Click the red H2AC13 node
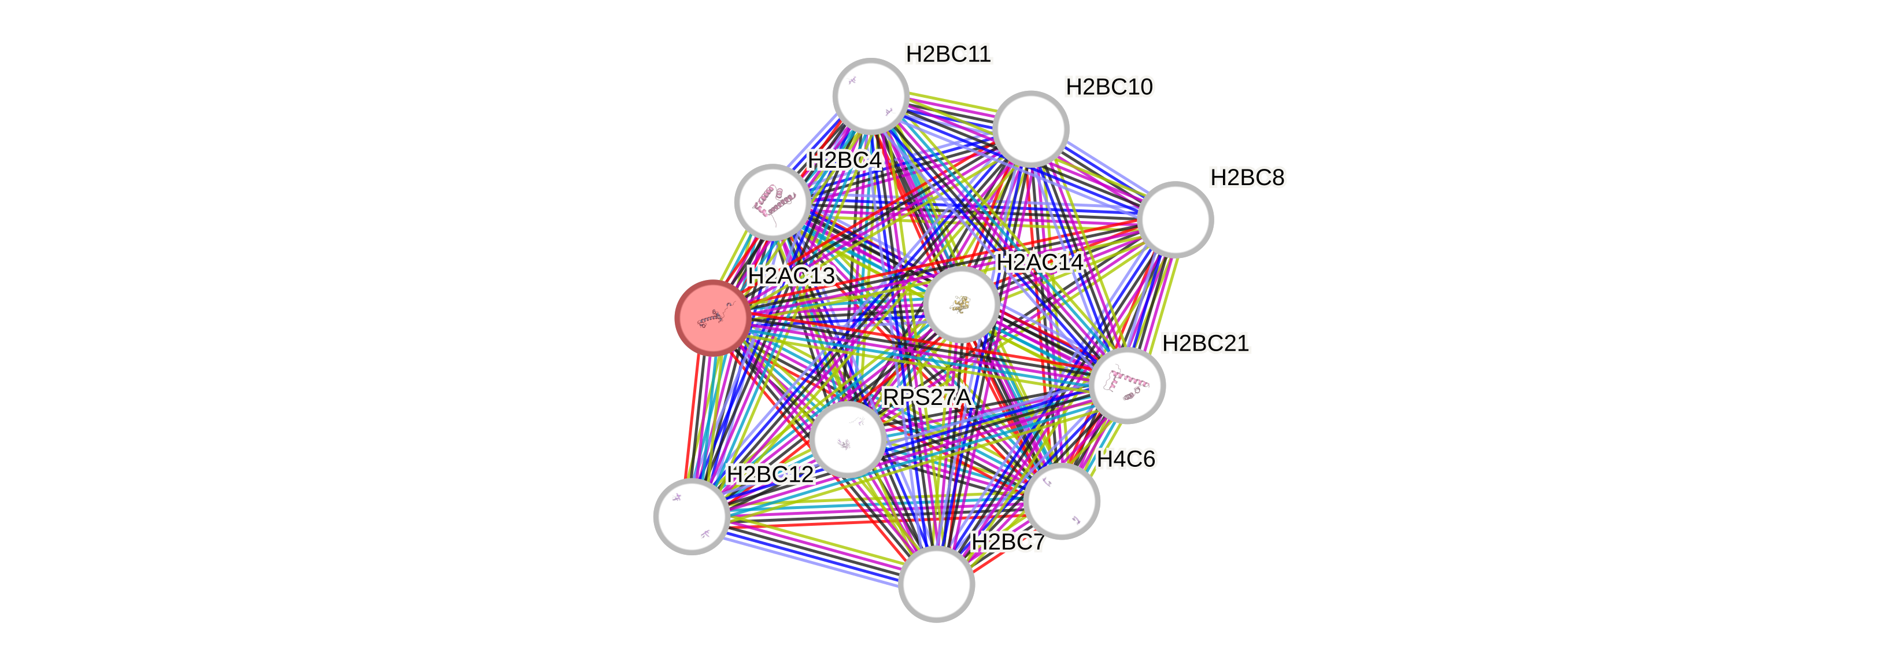click(x=712, y=318)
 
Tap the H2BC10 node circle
click(x=1030, y=128)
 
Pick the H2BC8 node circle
click(x=1175, y=219)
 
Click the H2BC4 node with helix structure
click(x=772, y=201)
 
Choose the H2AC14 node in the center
click(x=961, y=304)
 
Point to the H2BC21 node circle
click(x=1127, y=385)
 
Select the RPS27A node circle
click(x=848, y=439)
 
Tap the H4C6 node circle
click(x=1061, y=501)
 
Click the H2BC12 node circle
click(x=691, y=516)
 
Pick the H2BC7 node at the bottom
click(x=936, y=584)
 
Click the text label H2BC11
click(x=948, y=54)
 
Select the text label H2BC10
click(x=1108, y=87)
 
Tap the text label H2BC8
click(x=1247, y=178)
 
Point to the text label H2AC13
click(x=791, y=276)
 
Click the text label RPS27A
click(x=927, y=397)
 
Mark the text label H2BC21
click(x=1206, y=343)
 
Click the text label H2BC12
click(x=770, y=474)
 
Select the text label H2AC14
click(x=1040, y=262)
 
